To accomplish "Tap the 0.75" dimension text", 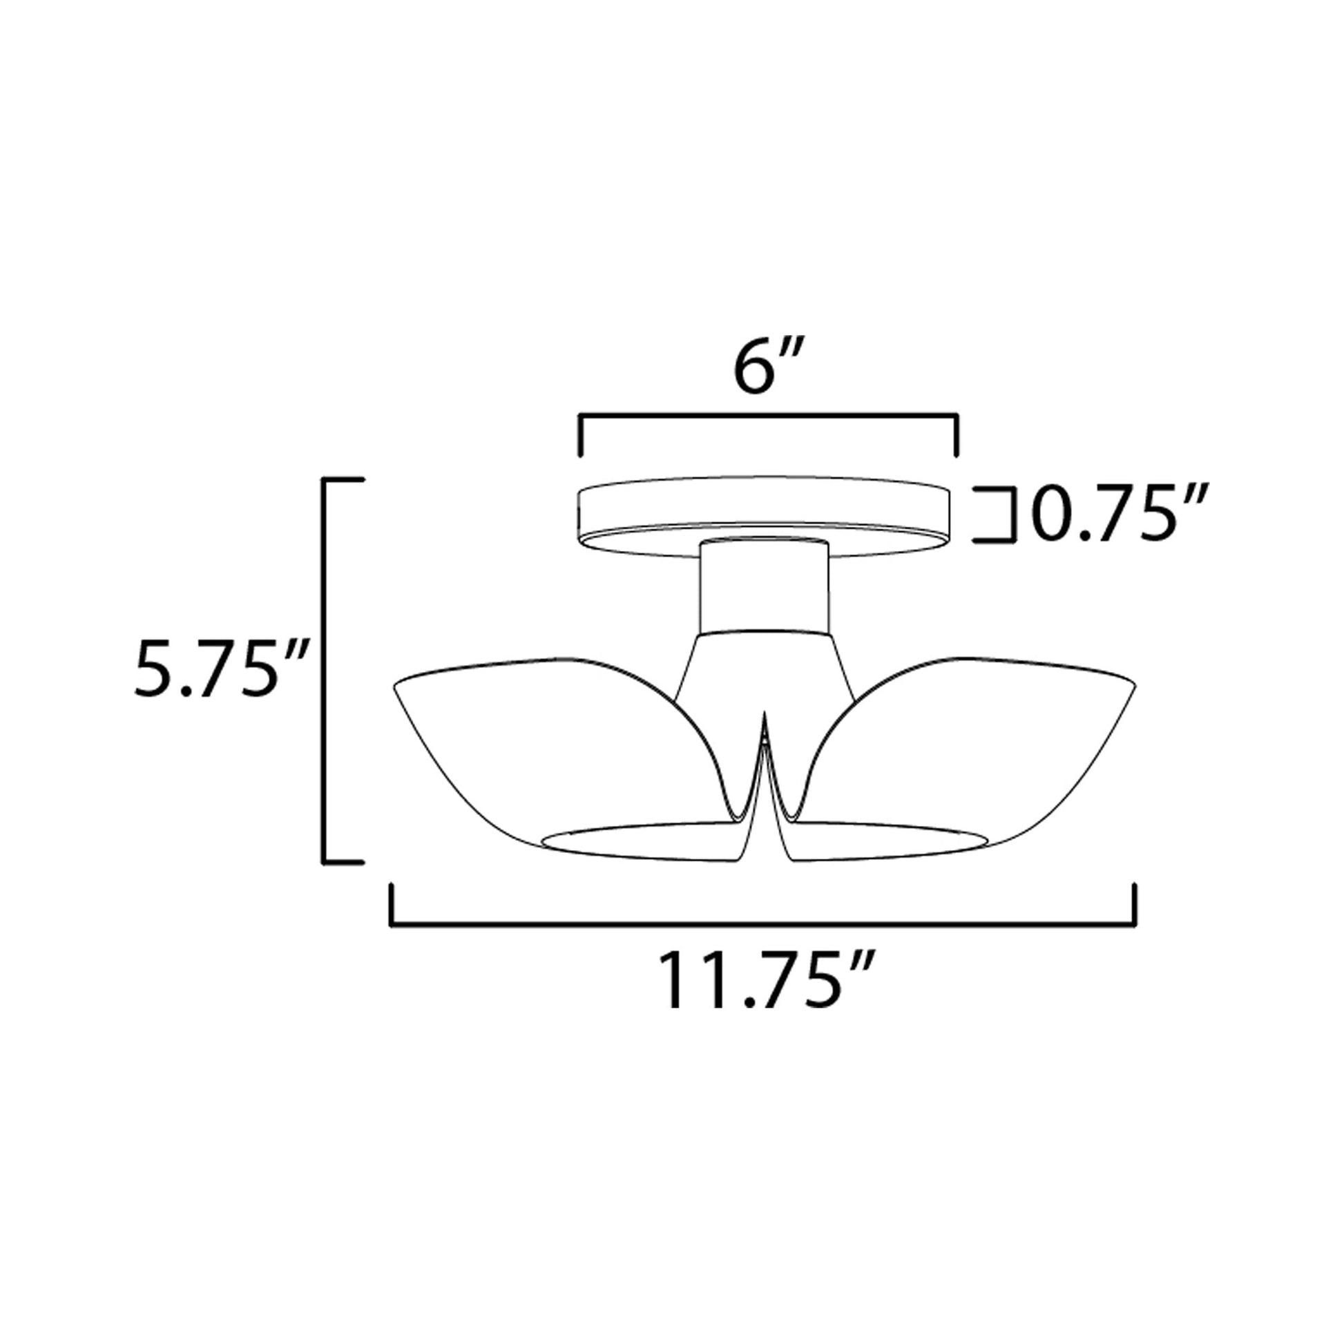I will click(x=1119, y=514).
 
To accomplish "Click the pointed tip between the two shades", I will click(x=765, y=720).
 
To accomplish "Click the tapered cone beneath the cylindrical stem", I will click(x=765, y=664).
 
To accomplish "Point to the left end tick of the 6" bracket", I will click(x=580, y=436).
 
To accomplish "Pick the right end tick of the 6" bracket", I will click(x=957, y=436).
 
